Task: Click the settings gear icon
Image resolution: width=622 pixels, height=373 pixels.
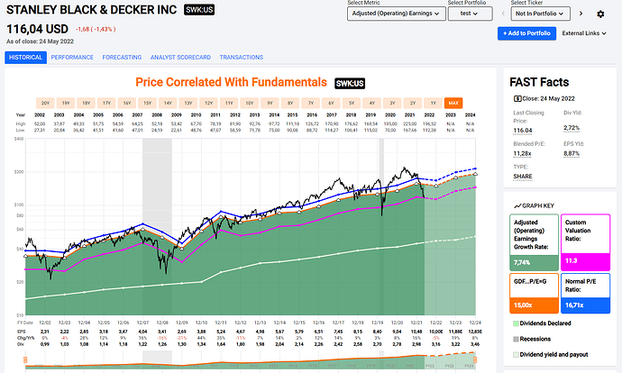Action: coord(600,14)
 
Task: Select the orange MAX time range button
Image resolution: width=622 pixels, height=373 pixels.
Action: coord(453,102)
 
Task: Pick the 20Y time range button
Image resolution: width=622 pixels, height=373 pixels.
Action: coord(47,102)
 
